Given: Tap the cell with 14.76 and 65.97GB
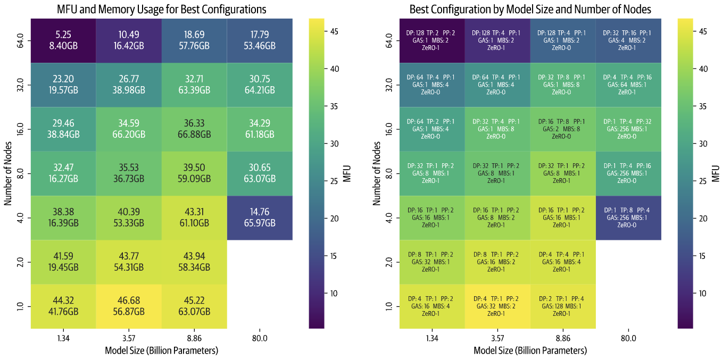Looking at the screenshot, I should (260, 218).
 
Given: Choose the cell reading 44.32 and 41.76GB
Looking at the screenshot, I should (63, 306).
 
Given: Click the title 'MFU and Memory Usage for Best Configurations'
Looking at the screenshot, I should (161, 10).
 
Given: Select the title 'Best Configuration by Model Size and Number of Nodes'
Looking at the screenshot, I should (530, 10).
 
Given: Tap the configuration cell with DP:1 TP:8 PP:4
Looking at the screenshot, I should (628, 218).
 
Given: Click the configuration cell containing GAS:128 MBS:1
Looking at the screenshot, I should (563, 306).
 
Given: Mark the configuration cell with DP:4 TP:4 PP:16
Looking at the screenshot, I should (628, 85).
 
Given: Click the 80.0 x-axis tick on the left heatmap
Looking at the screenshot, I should (260, 338).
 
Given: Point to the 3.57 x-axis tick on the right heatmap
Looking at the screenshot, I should (497, 338).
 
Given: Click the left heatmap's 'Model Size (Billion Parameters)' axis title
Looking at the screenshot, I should (161, 350).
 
